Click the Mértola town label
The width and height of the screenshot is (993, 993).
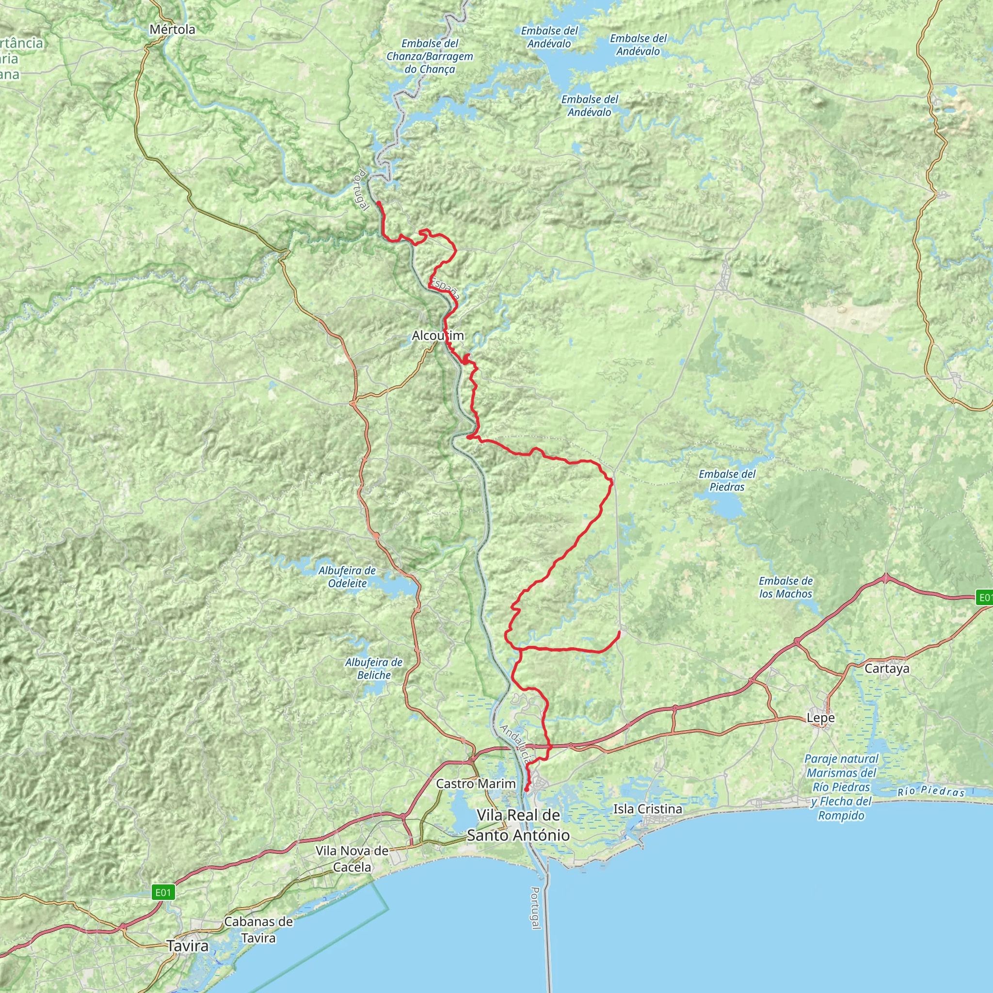click(172, 30)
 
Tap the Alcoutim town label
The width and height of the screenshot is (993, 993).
click(438, 336)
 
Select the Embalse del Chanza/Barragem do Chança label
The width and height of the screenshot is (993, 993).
click(430, 57)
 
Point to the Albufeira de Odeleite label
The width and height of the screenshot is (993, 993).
click(347, 577)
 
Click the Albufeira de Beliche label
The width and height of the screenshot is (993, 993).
click(374, 669)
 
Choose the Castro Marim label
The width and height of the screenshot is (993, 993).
click(476, 784)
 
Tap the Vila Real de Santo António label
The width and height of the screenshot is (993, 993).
click(518, 825)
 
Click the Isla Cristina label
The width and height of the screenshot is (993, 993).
click(648, 809)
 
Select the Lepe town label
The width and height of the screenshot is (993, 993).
click(820, 718)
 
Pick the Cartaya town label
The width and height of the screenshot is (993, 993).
click(887, 669)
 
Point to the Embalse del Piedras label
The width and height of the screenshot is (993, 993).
click(727, 480)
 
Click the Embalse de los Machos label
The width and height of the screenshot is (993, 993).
click(785, 587)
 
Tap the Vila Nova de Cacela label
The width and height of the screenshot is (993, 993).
click(352, 859)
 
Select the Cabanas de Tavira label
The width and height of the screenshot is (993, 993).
click(258, 929)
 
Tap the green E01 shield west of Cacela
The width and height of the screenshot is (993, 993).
click(163, 892)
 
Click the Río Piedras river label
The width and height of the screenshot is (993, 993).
click(931, 791)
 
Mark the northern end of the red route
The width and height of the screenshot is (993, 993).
click(378, 203)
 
